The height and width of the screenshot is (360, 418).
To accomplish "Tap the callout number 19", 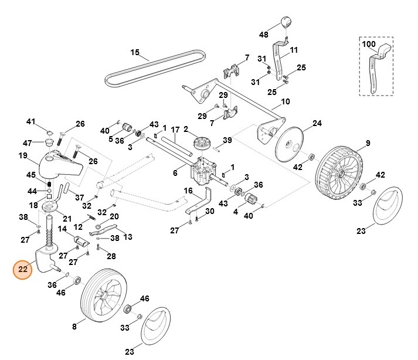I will coord(23,156).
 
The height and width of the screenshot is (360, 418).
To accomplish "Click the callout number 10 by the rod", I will coord(285,101).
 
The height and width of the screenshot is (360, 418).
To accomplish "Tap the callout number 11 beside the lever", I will coord(293,50).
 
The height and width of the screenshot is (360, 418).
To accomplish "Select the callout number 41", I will coord(31,121).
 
